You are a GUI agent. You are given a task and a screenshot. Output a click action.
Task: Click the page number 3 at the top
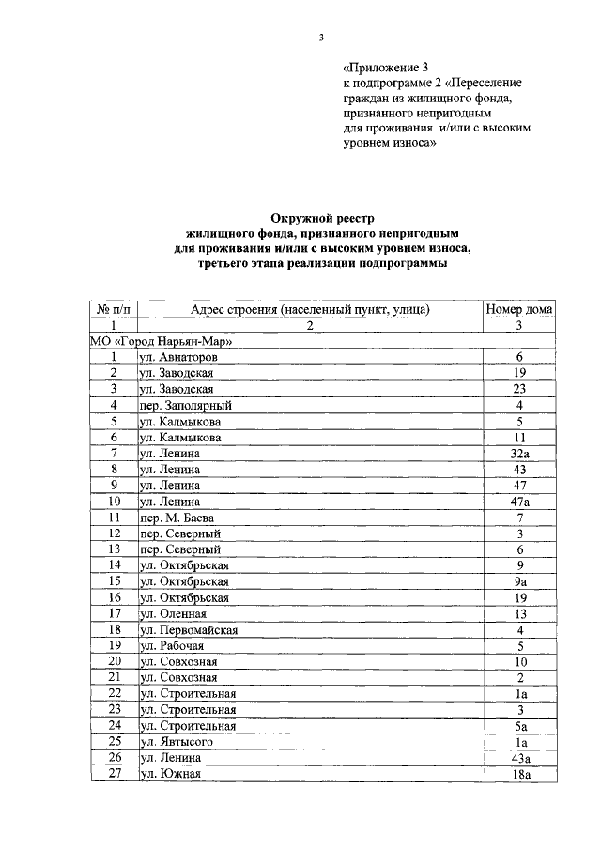click(x=320, y=39)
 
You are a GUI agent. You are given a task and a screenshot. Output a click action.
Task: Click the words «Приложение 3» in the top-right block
click(x=384, y=68)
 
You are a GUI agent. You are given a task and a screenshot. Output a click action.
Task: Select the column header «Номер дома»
click(x=518, y=309)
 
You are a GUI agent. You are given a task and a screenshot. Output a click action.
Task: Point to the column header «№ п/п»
click(x=114, y=309)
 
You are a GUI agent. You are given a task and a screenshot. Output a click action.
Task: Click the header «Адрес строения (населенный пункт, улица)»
click(x=310, y=309)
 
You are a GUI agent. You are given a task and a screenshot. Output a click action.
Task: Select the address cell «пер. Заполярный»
click(x=185, y=406)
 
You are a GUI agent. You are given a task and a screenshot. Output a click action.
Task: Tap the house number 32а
click(x=518, y=454)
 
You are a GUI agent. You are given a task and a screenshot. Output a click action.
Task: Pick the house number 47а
click(x=518, y=502)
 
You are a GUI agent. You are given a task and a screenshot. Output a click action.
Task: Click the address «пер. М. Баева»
click(x=178, y=518)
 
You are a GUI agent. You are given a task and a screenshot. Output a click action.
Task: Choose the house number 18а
click(x=518, y=774)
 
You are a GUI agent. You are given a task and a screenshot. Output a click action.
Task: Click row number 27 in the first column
click(x=114, y=774)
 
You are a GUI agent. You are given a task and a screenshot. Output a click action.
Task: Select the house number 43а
click(x=518, y=758)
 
